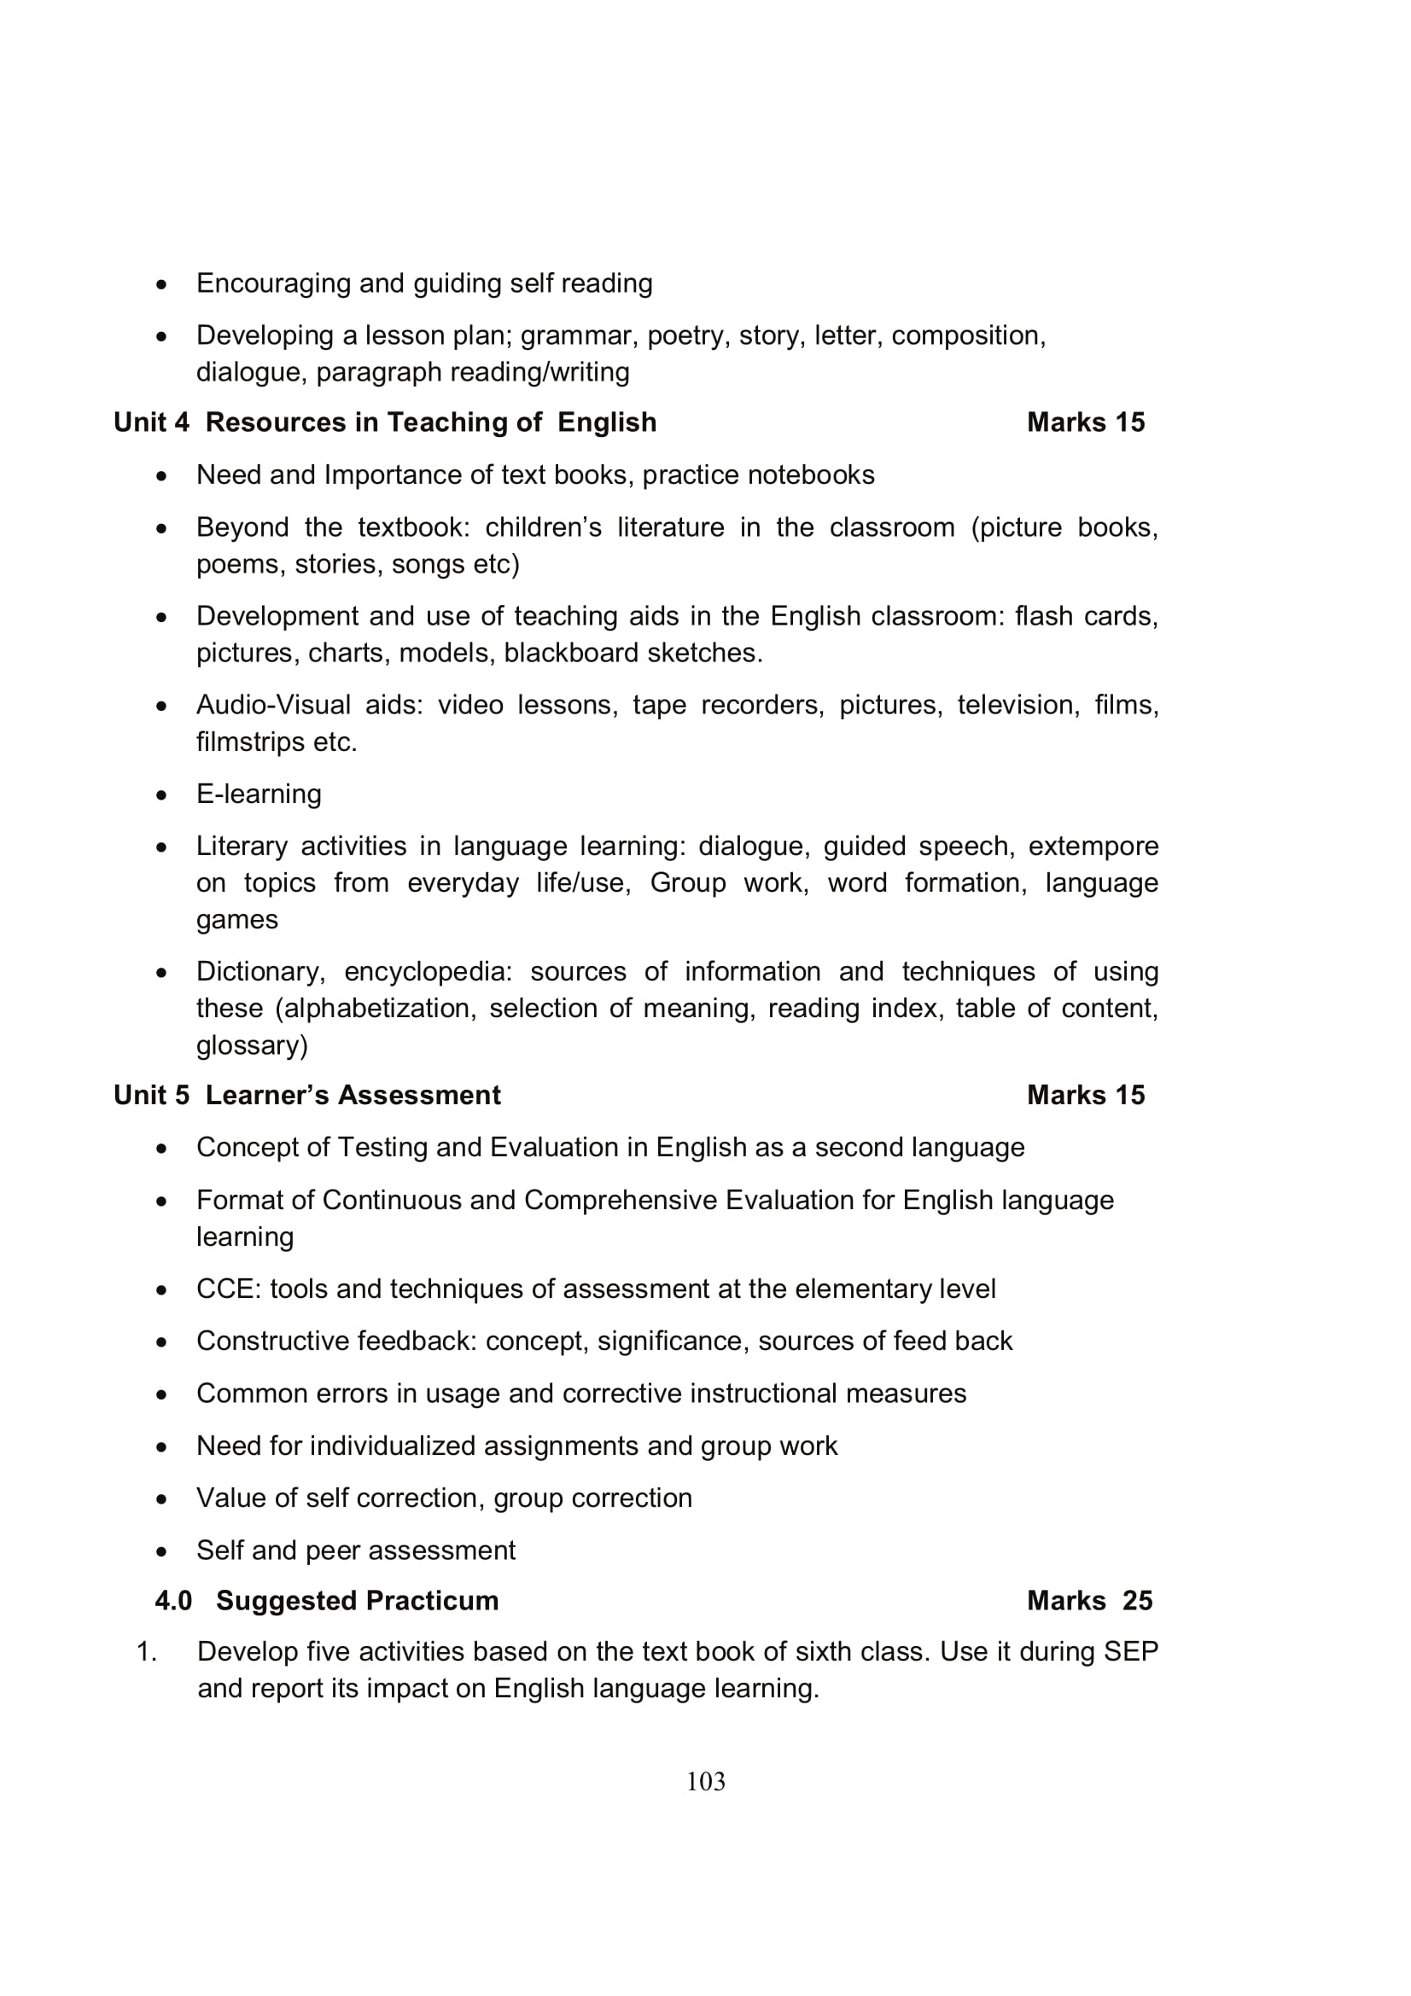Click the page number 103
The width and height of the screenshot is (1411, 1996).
click(x=705, y=1781)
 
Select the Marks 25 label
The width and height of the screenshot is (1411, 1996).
click(x=1089, y=1600)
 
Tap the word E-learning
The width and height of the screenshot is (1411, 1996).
click(x=259, y=794)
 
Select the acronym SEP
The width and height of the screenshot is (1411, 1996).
click(x=1130, y=1651)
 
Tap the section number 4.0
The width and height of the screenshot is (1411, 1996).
click(x=173, y=1600)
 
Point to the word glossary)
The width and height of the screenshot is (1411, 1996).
click(x=252, y=1045)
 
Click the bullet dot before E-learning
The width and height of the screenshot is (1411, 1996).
click(x=161, y=794)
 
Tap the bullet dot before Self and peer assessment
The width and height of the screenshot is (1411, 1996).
click(x=161, y=1551)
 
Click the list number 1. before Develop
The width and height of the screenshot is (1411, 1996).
click(x=147, y=1651)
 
